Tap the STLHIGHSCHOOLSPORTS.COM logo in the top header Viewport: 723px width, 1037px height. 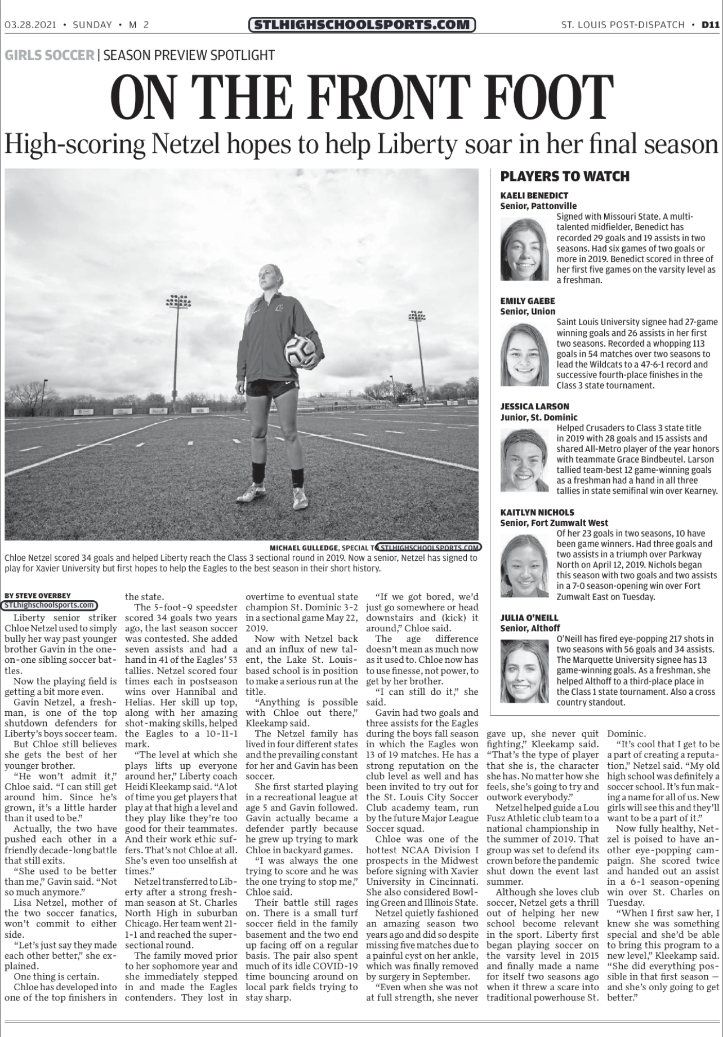point(362,25)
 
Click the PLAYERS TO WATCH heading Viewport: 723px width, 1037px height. point(565,176)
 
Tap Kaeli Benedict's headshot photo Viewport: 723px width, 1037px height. point(525,248)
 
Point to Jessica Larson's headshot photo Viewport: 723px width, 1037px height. point(525,460)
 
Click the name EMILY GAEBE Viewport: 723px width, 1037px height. point(528,301)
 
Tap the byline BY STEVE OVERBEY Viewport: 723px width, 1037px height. point(37,595)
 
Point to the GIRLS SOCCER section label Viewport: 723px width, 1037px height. point(50,55)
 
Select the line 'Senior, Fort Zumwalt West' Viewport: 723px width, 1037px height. point(554,523)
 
